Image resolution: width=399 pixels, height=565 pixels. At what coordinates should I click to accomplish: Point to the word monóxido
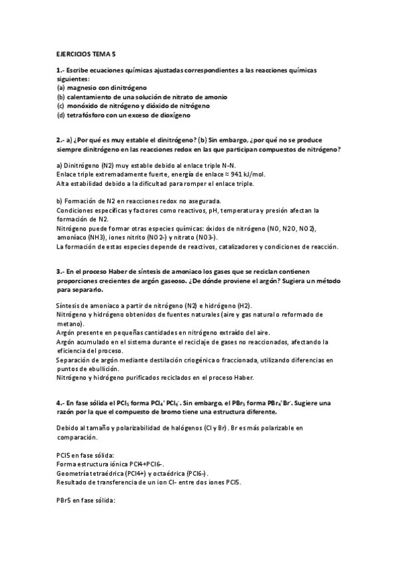pos(83,105)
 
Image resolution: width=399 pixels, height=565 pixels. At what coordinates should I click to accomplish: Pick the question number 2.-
pos(59,141)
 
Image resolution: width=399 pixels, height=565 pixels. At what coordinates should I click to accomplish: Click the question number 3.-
pos(59,271)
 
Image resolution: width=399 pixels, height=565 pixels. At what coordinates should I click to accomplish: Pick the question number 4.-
pos(59,403)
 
